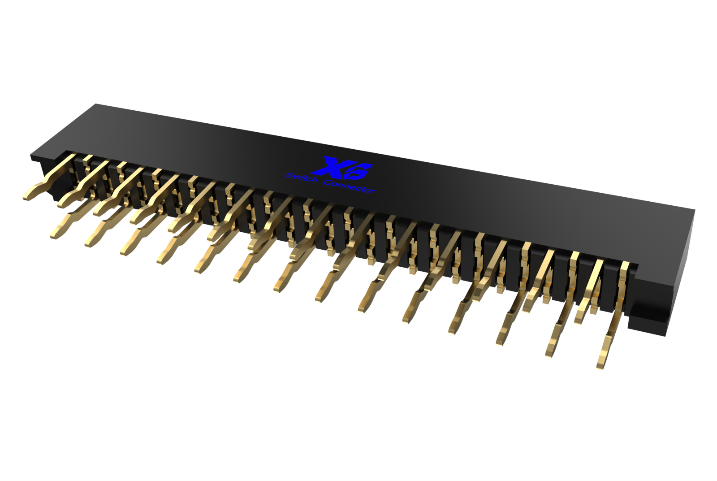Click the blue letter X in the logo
pos(332,166)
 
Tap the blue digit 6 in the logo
pos(360,171)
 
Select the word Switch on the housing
pos(302,178)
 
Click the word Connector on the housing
pos(349,186)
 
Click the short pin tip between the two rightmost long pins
pos(579,320)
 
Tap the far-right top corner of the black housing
pos(694,210)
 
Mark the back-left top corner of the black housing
pos(96,105)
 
